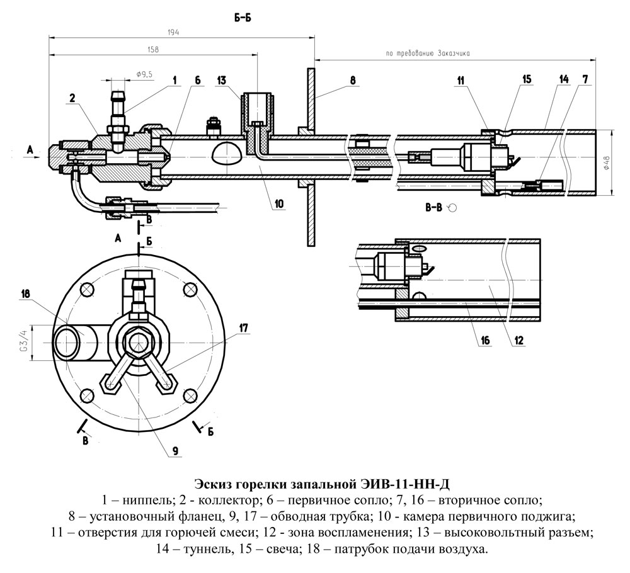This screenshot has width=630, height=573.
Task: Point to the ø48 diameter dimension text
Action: tap(605, 163)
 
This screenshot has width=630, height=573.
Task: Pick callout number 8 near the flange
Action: tap(353, 80)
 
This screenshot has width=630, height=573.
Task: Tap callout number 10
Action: tap(279, 204)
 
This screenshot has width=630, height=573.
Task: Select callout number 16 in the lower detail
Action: tap(484, 341)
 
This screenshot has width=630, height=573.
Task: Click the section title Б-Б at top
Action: tap(242, 18)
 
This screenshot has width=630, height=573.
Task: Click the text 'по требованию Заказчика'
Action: tap(428, 55)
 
